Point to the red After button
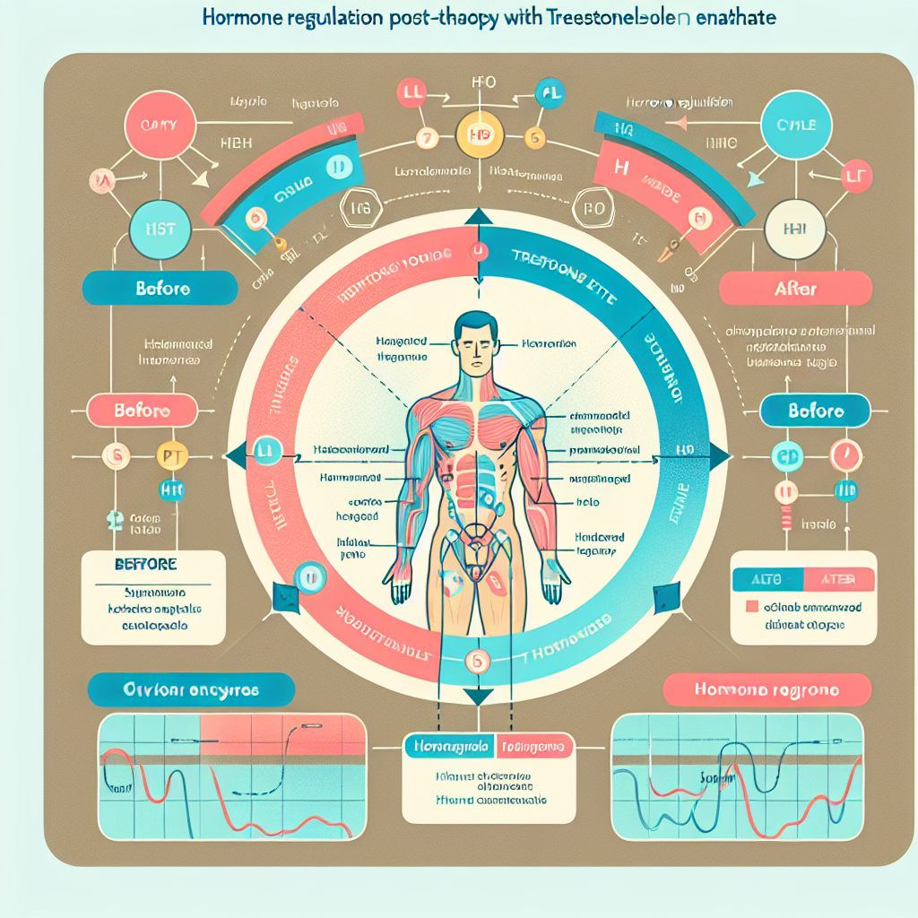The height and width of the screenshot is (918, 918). (x=796, y=289)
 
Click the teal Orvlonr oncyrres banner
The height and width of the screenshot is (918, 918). (x=191, y=690)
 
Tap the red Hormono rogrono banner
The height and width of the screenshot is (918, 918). (x=766, y=690)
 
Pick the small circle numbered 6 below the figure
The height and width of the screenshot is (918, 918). (x=477, y=662)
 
